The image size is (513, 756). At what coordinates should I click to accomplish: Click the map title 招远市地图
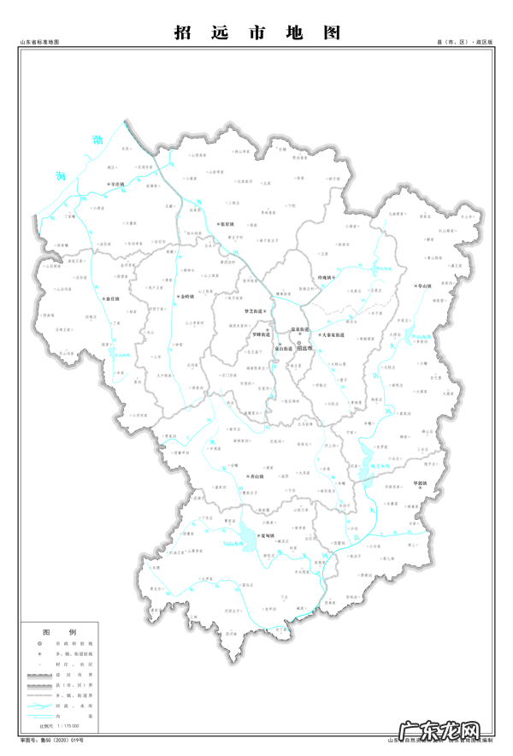tap(256, 32)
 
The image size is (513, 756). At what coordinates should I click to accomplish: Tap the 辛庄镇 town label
tap(115, 184)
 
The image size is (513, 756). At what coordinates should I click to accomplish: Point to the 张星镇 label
tap(226, 225)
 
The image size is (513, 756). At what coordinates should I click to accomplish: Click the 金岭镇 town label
tap(188, 297)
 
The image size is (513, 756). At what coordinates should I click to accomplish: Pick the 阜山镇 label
tap(424, 286)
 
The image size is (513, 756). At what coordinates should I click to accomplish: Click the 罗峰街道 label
tap(260, 334)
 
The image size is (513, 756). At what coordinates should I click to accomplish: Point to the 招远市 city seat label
tap(304, 349)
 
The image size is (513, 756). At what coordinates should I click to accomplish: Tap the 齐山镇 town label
tap(257, 475)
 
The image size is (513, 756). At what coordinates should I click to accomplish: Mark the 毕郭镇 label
tap(424, 482)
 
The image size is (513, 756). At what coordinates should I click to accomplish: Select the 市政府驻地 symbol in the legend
tap(39, 643)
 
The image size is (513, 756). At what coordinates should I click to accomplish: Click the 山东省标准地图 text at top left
tap(38, 41)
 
